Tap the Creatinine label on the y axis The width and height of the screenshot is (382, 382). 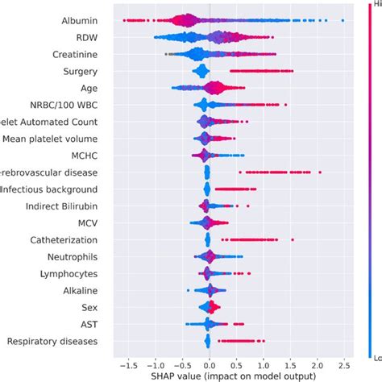(x=73, y=53)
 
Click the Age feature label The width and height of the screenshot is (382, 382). (x=89, y=87)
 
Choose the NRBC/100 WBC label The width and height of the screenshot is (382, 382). (x=62, y=105)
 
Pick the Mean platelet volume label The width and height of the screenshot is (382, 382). (x=50, y=139)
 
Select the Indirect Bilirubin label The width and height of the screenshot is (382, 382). (x=60, y=206)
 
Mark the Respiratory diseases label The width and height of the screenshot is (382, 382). (x=52, y=342)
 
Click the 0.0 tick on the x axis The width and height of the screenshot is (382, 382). (x=210, y=363)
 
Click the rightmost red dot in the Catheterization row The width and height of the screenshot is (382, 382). (x=292, y=239)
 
